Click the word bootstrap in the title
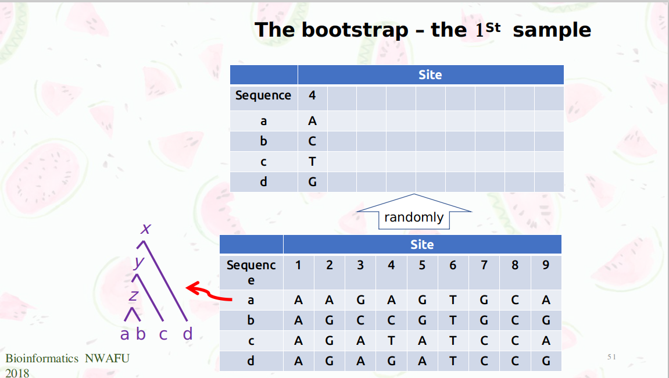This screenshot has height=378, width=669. (355, 30)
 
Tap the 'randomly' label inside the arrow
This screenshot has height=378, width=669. (413, 217)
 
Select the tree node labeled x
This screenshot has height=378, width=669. (146, 229)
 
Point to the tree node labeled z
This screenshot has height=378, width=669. (133, 295)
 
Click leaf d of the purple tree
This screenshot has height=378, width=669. (187, 334)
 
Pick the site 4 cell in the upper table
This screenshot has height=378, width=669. (312, 95)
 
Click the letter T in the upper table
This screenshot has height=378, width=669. (312, 162)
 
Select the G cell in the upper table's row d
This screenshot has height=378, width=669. (312, 182)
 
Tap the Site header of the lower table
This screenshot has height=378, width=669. (422, 245)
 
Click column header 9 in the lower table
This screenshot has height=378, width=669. (546, 265)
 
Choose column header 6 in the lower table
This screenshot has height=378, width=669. (453, 265)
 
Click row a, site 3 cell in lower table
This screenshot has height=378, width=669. (360, 300)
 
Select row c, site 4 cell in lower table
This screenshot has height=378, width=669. (391, 341)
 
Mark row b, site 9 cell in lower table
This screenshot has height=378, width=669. (546, 320)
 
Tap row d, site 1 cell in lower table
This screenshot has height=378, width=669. (298, 361)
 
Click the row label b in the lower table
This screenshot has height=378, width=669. (251, 320)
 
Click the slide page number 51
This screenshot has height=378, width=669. (611, 356)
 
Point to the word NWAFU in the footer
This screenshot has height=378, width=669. (107, 358)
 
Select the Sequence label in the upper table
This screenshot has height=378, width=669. (263, 95)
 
